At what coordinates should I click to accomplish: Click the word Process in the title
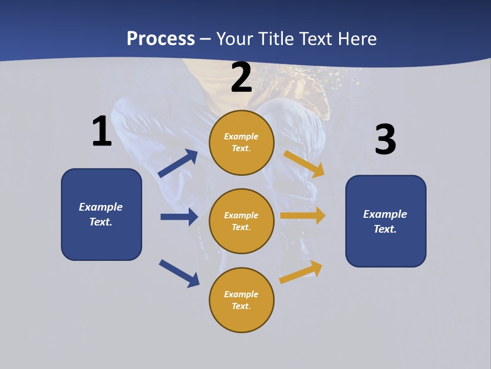(161, 38)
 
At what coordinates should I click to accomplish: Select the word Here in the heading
(356, 38)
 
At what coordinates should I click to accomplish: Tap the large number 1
(101, 132)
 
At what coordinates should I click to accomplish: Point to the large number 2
(241, 77)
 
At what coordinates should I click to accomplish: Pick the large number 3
(385, 140)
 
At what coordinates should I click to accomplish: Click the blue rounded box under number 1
(101, 214)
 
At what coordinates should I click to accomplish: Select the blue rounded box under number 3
(386, 221)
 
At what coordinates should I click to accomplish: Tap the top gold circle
(241, 142)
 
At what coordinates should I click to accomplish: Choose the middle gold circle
(241, 221)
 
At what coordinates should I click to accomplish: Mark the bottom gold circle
(241, 300)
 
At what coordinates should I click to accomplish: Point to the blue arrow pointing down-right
(179, 273)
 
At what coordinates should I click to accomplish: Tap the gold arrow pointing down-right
(304, 163)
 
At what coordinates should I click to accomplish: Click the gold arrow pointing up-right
(301, 272)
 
